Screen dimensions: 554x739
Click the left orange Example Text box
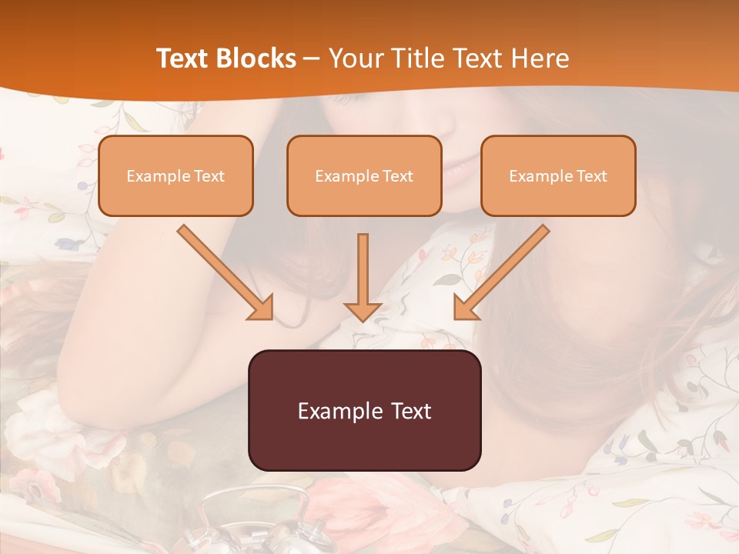tap(176, 175)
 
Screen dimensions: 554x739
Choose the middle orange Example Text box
tap(364, 175)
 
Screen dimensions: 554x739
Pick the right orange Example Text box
tap(558, 175)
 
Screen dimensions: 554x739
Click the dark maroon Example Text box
tap(365, 410)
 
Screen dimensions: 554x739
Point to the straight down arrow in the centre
tap(363, 277)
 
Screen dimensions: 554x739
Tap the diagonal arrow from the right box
tap(501, 272)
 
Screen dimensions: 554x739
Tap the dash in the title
tap(312, 58)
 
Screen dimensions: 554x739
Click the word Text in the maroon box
tap(410, 411)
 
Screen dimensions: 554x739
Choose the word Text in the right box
tap(591, 176)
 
